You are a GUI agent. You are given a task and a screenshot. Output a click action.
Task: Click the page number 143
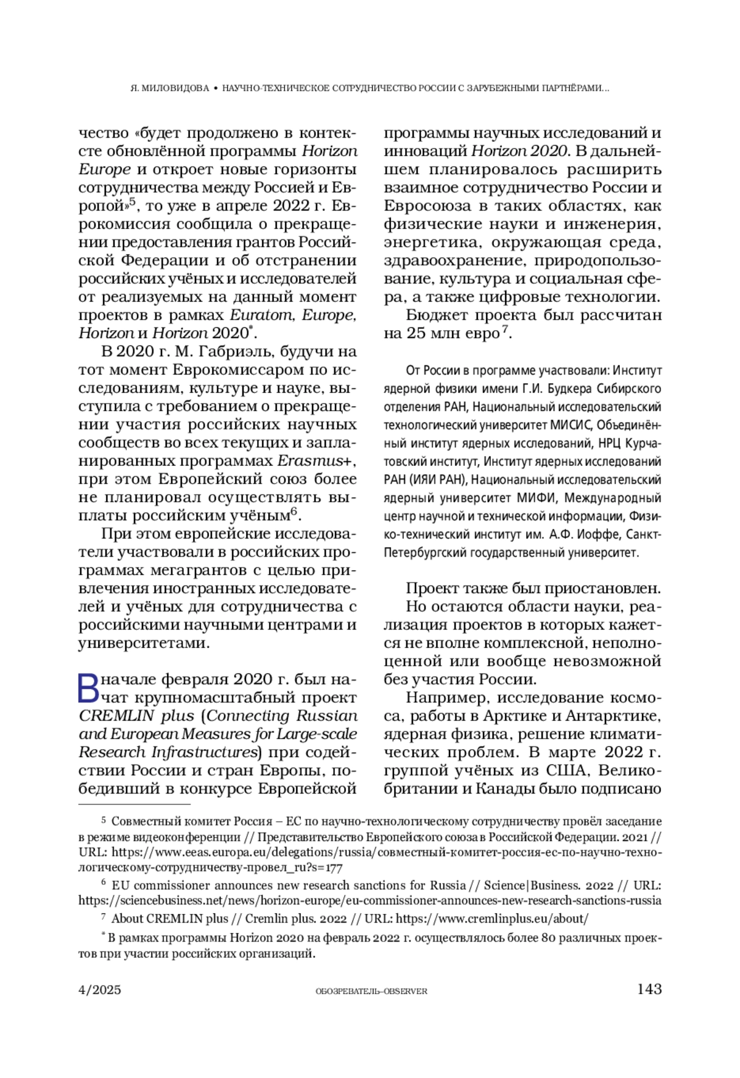[649, 989]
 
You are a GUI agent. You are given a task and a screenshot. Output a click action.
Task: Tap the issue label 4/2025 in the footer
[100, 990]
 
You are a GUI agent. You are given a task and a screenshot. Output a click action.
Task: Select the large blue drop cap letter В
[89, 688]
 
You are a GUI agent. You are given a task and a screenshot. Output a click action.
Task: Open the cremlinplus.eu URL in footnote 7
[491, 919]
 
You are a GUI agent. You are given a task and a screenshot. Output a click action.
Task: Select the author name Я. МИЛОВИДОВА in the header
[170, 88]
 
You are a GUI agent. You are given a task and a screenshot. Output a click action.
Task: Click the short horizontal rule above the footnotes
[134, 805]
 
